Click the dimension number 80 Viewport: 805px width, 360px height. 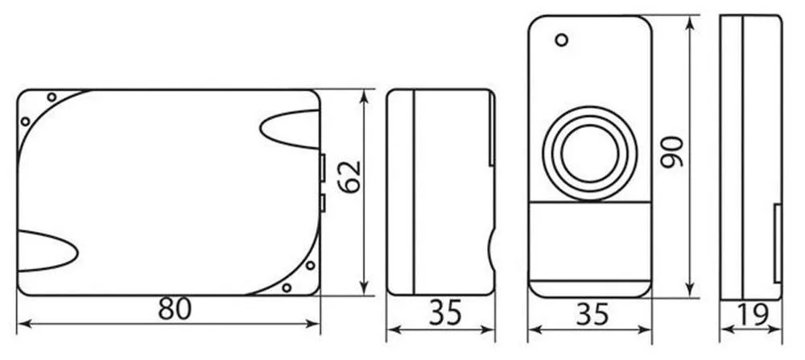[x=175, y=308]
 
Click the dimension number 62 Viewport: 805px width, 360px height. [x=350, y=176]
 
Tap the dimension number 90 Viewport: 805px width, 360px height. [x=672, y=151]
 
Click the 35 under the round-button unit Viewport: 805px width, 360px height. [x=592, y=314]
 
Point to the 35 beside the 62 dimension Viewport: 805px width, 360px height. [x=445, y=313]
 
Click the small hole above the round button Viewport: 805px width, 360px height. [x=562, y=39]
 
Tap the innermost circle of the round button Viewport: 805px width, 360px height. [x=590, y=153]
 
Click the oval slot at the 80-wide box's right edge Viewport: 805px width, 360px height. [x=290, y=129]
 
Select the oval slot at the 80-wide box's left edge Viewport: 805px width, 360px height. [x=47, y=251]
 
